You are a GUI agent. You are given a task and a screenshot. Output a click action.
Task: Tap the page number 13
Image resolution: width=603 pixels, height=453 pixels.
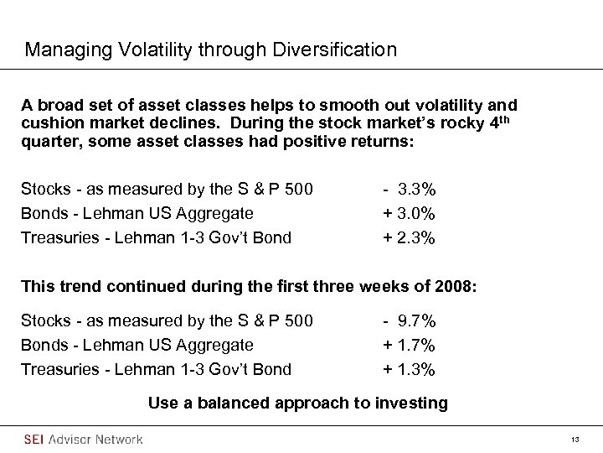click(575, 440)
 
